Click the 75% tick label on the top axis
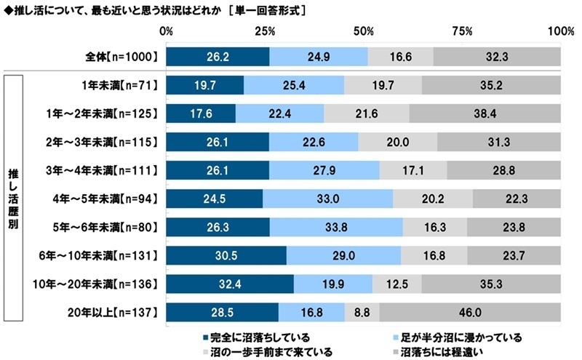[462, 32]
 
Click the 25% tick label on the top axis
[265, 32]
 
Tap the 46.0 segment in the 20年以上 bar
[470, 312]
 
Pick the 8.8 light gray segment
[362, 312]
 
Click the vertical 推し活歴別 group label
[12, 198]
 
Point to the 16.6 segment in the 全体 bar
[400, 57]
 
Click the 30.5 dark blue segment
[226, 255]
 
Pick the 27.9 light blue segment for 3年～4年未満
[324, 170]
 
